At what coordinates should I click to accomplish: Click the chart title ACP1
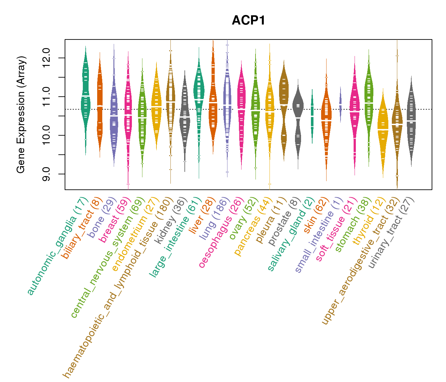tap(248, 20)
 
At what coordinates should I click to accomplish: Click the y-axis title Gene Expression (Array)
tap(21, 115)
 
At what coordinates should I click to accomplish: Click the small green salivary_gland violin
tap(312, 115)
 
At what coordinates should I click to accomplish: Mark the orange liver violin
tap(213, 105)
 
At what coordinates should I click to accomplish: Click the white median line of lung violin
tap(227, 105)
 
